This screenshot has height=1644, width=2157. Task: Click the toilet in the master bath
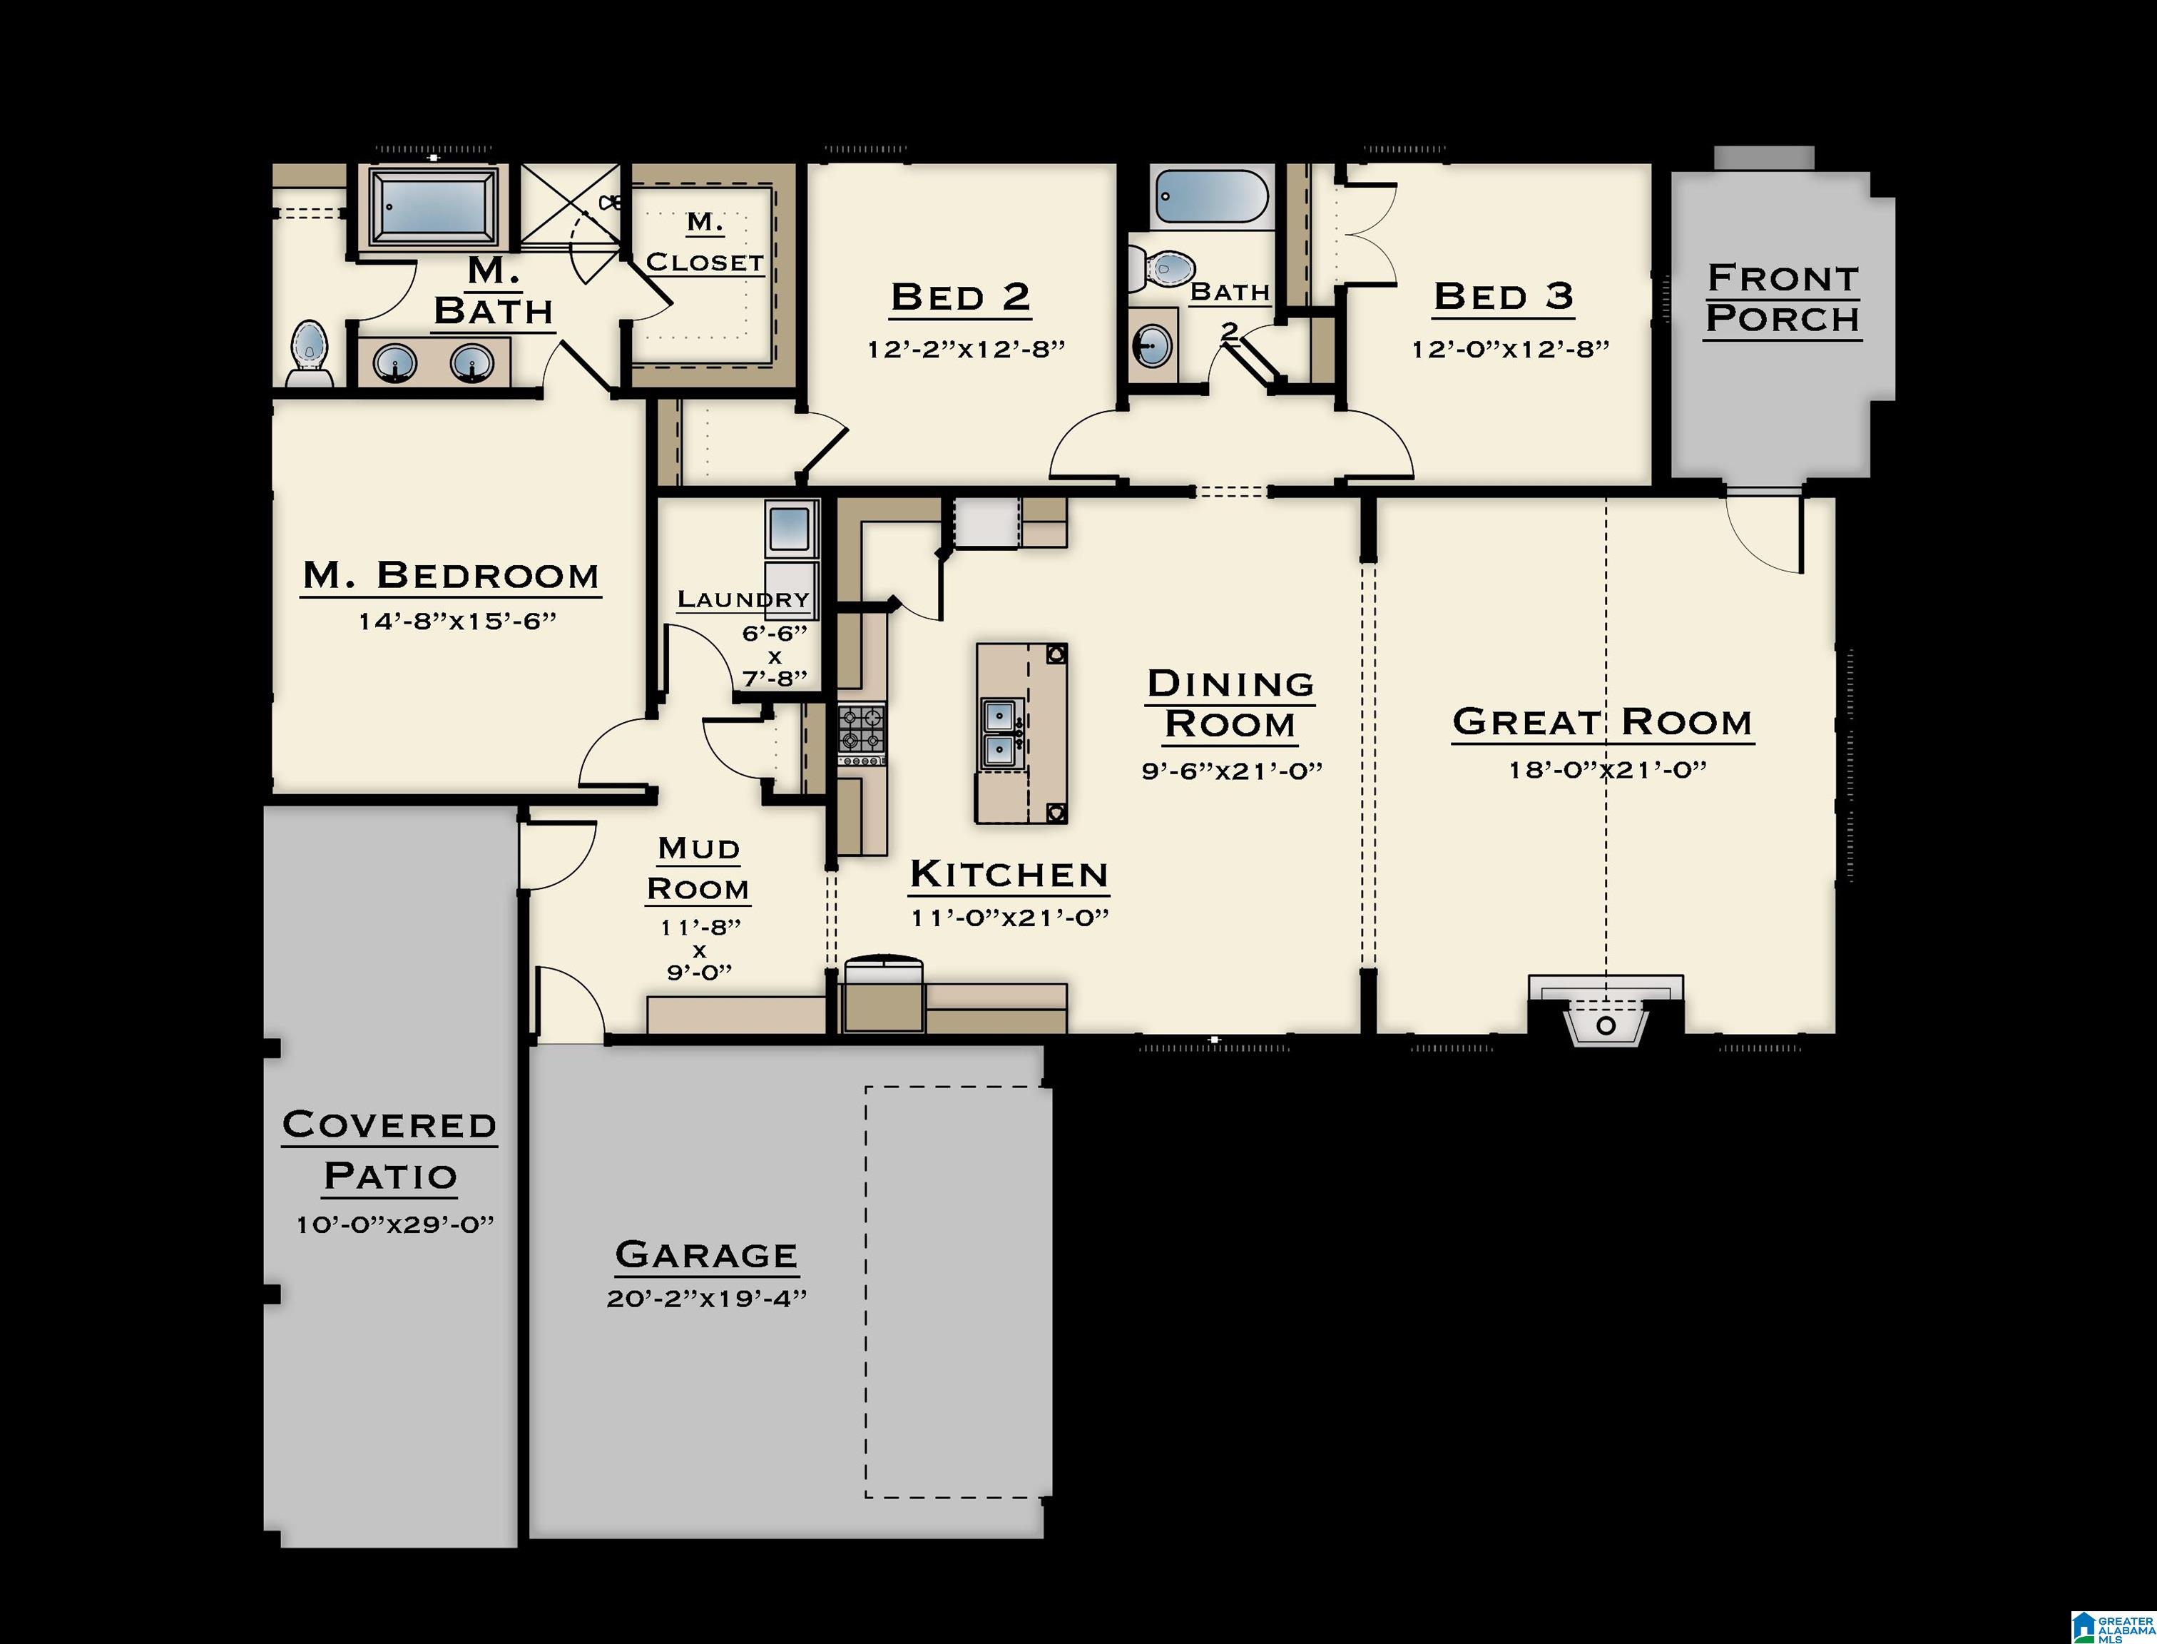pyautogui.click(x=309, y=352)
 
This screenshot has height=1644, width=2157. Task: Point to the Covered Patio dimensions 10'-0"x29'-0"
pyautogui.click(x=395, y=1224)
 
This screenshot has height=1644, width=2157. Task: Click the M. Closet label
pyautogui.click(x=704, y=243)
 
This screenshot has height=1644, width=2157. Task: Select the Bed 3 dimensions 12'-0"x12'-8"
pyautogui.click(x=1509, y=350)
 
